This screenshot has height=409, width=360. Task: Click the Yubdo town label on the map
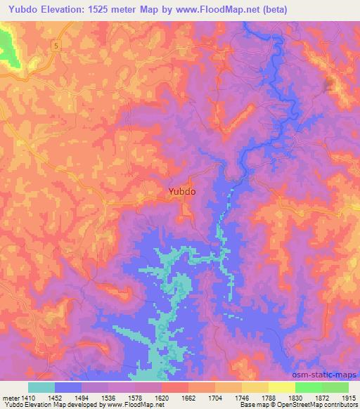(x=181, y=190)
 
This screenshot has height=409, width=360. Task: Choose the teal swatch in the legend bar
(x=41, y=387)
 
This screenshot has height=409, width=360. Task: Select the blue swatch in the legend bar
(x=68, y=387)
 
